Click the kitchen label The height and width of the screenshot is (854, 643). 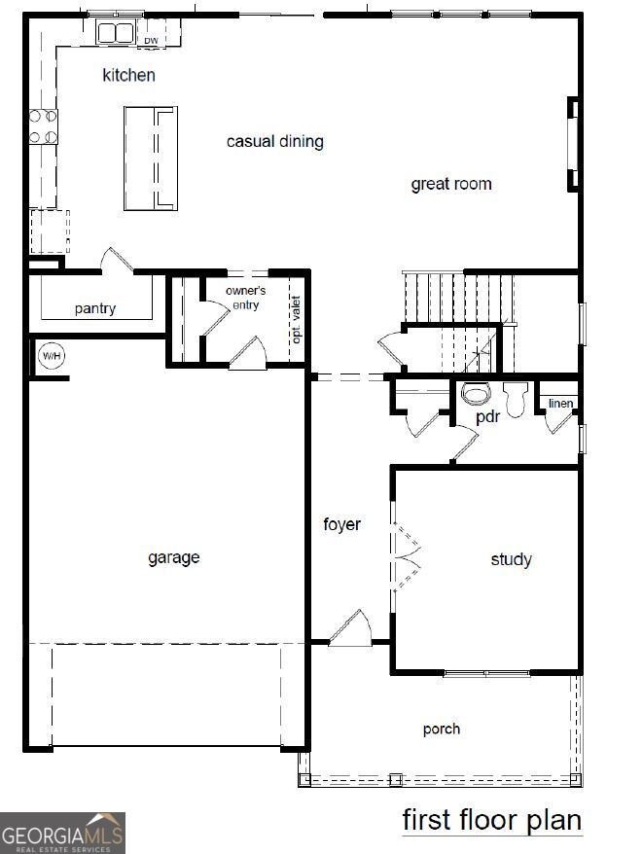pos(129,75)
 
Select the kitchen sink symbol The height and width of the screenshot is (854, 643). pos(115,33)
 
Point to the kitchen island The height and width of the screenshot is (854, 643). pos(151,158)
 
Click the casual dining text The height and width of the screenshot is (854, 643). pos(274,142)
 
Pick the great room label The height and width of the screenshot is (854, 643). pos(450,184)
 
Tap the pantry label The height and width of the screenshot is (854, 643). pos(95,309)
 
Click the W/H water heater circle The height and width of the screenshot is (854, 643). pos(51,356)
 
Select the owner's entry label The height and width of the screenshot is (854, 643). pos(245,298)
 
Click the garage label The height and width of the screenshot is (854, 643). pos(174,557)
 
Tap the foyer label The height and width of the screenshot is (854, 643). pos(342,525)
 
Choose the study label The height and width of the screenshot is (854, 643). pos(511,559)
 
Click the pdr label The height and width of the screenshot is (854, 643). pos(487,417)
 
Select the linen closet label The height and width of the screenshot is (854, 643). pos(560,403)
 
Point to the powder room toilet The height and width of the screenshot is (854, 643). pos(476,394)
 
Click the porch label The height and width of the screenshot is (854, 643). pos(442,729)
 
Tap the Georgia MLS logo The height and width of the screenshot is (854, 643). pos(62,833)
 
